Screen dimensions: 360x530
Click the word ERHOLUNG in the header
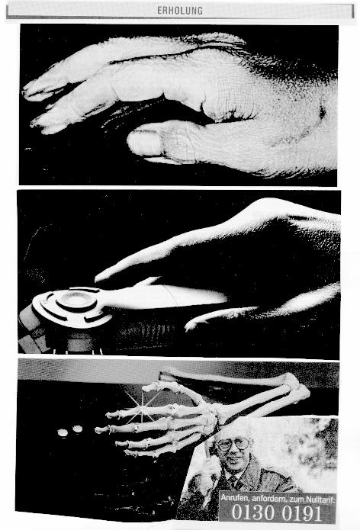(180, 11)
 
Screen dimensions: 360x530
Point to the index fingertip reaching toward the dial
(98, 278)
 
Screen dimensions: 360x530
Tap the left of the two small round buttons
(63, 432)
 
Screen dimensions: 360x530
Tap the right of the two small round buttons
(77, 429)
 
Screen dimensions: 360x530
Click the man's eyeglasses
(233, 444)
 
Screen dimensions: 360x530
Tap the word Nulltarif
(321, 499)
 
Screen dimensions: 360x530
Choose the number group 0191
(302, 513)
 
